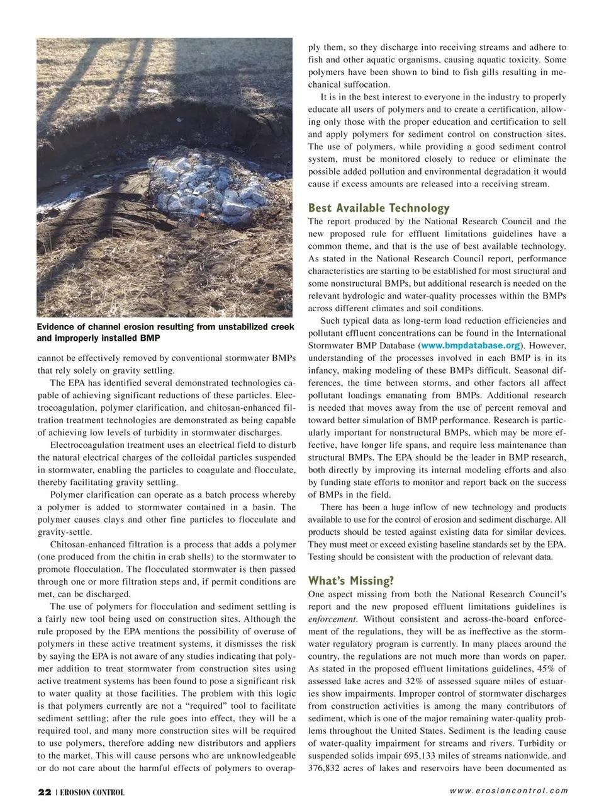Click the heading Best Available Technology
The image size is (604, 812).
[379, 208]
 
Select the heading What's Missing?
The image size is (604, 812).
[350, 581]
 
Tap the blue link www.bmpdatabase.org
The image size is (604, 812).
[471, 346]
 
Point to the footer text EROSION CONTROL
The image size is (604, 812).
[92, 792]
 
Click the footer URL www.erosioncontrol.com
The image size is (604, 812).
[508, 791]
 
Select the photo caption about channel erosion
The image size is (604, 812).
[165, 332]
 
